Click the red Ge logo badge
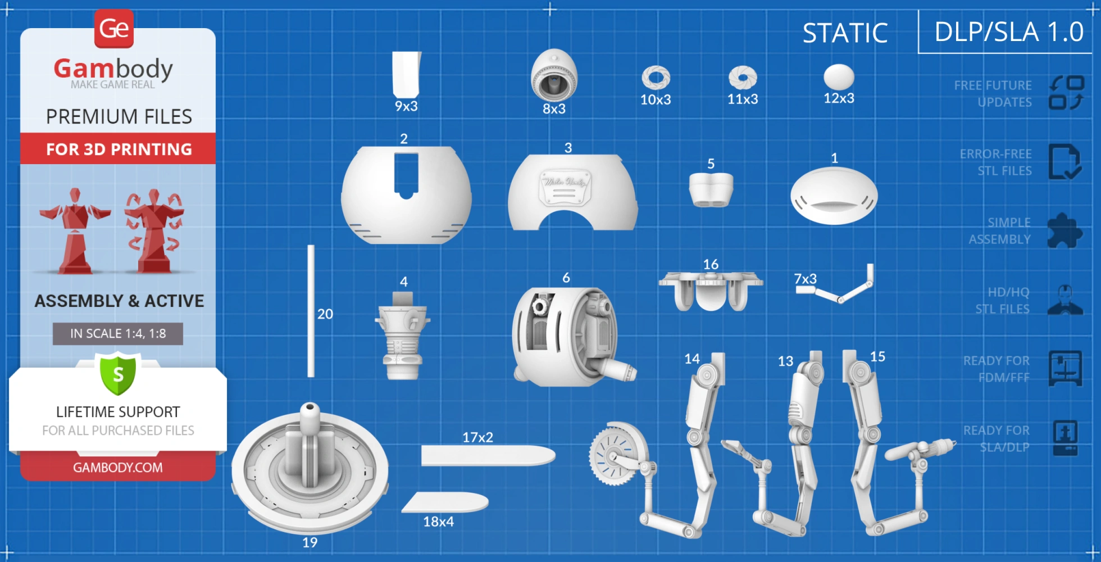[x=114, y=28]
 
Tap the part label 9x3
[x=406, y=106]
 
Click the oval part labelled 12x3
[x=839, y=76]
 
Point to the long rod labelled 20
[x=311, y=311]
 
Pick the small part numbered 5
[x=711, y=189]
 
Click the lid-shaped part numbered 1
[x=834, y=196]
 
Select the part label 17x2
[x=477, y=437]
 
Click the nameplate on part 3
[x=565, y=185]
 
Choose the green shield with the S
[x=118, y=373]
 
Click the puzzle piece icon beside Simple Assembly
[x=1064, y=230]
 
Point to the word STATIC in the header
[x=845, y=33]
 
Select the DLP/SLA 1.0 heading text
[x=1009, y=32]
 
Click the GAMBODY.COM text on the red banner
[x=118, y=468]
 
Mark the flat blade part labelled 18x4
[x=445, y=502]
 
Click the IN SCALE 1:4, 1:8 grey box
[x=118, y=334]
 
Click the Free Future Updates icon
[x=1066, y=93]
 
